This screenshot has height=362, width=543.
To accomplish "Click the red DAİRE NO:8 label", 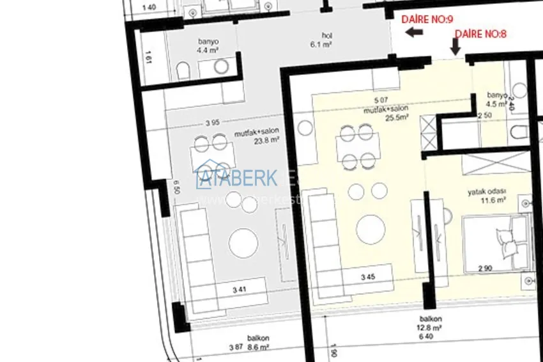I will (x=480, y=35).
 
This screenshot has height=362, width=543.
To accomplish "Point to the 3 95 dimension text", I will (x=213, y=123).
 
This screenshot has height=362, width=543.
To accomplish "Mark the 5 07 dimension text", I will (x=381, y=100).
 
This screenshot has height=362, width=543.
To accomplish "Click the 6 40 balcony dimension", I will (x=426, y=336).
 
